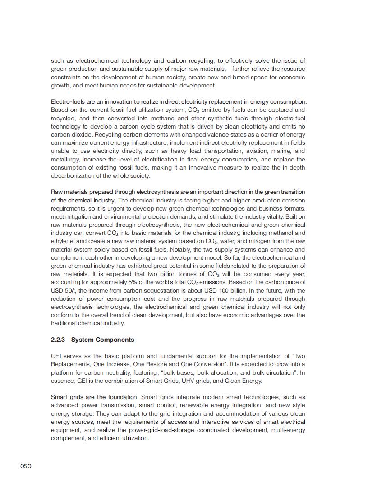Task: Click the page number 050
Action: coord(26,466)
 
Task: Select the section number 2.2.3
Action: coord(58,340)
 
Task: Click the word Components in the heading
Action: coord(115,340)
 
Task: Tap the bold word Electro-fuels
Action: coord(68,101)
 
